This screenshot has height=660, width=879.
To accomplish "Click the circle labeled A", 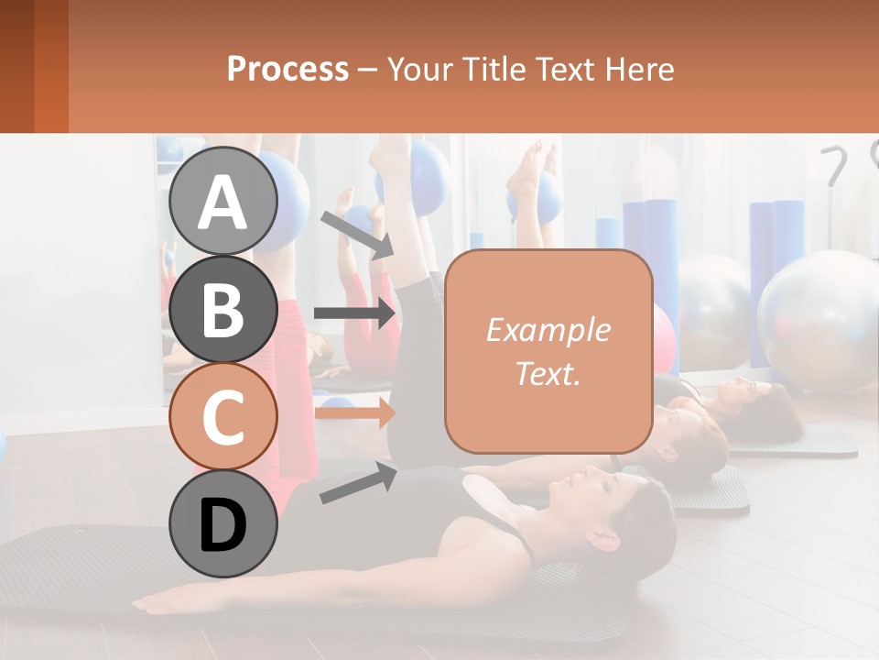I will point(222,201).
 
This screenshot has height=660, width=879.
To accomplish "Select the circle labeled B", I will point(222,309).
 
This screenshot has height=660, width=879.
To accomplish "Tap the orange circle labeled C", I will point(222,416).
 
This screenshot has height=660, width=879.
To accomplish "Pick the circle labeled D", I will point(222,524).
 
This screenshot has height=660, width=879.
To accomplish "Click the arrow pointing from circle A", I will point(357,235).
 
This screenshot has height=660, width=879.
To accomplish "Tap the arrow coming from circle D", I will point(357,483).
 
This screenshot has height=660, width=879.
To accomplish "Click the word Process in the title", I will point(288,69).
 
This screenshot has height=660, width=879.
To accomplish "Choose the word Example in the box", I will point(548,330).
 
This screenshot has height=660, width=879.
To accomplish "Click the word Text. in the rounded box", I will point(548,373).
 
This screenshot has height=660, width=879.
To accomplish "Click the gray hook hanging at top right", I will point(834,165).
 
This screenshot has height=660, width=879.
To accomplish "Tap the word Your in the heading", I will point(418,69).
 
